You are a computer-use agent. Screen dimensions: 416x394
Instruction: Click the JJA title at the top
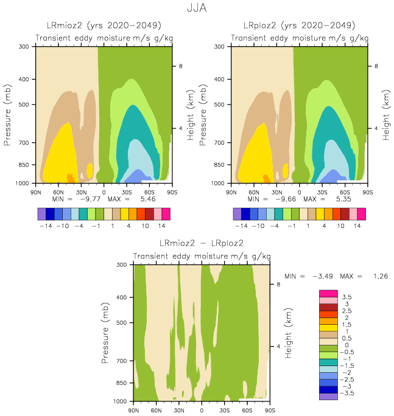coord(197,9)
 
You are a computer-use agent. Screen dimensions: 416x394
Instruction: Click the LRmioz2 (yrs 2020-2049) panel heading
coord(104,26)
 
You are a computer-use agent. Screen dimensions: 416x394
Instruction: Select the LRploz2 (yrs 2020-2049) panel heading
coord(300,26)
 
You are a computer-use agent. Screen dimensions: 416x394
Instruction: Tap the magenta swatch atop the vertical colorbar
coord(328,294)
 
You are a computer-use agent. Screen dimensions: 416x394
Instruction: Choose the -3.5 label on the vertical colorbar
coord(347,393)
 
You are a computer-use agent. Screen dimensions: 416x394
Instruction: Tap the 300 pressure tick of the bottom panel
coord(121,265)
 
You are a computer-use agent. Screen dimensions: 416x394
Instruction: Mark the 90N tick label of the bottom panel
coord(133,410)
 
